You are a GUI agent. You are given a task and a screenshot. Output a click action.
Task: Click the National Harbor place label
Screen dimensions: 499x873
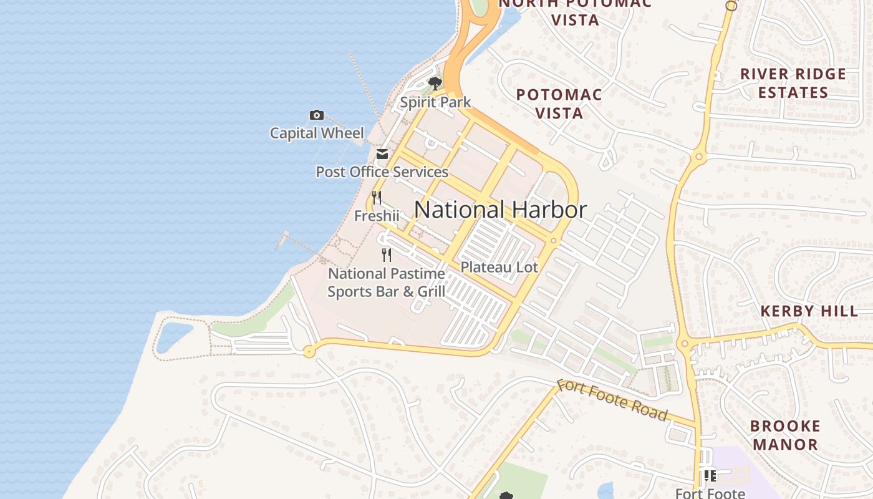(x=500, y=210)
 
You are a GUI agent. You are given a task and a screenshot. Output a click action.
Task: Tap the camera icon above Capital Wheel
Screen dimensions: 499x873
(x=317, y=115)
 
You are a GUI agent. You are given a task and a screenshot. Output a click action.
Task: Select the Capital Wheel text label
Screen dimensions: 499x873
(x=317, y=133)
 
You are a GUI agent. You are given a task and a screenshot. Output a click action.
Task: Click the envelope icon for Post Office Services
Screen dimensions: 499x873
(x=382, y=154)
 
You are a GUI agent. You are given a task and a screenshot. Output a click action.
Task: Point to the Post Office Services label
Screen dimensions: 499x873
(x=382, y=172)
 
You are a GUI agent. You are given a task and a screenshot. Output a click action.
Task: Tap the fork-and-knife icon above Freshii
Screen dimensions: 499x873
(x=377, y=198)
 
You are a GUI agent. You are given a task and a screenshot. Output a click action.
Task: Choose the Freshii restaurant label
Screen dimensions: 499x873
(x=377, y=216)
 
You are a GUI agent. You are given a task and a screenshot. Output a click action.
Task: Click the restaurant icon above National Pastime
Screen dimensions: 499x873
(x=387, y=254)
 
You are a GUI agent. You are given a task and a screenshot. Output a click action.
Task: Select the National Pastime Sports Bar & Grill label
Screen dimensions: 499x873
(x=387, y=282)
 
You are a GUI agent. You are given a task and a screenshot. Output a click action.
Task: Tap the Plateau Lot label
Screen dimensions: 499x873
(x=499, y=267)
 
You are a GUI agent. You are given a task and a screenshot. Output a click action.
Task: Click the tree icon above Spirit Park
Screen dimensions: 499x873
(x=435, y=84)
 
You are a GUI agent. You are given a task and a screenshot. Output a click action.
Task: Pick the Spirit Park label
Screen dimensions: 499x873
(x=435, y=102)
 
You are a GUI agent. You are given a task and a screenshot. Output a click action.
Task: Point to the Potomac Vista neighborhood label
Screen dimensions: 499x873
(x=559, y=104)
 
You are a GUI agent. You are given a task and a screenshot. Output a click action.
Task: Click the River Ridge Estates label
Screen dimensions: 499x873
(x=793, y=83)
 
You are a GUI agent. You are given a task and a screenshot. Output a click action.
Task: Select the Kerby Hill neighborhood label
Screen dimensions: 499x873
(x=809, y=311)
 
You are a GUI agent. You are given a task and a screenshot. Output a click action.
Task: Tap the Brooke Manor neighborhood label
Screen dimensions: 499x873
(x=785, y=435)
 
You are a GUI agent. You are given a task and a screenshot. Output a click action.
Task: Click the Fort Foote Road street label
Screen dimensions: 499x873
(x=612, y=400)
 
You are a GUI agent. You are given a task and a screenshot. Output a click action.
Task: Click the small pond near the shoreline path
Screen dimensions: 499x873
(x=173, y=337)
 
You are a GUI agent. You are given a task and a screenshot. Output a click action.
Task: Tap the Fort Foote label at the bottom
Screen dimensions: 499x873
(x=710, y=493)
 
